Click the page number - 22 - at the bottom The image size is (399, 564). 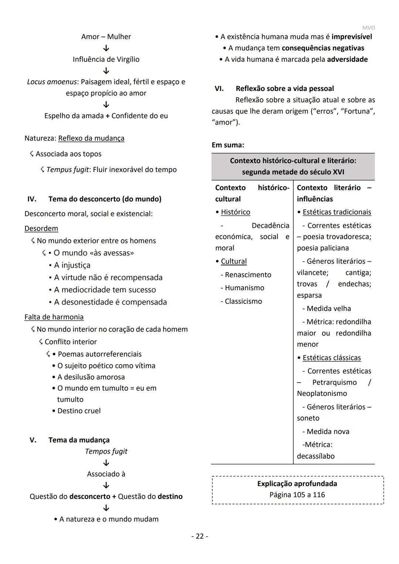click(199, 536)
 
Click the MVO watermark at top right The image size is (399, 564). click(368, 28)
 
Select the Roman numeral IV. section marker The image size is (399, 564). click(32, 199)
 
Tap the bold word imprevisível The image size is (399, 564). click(352, 37)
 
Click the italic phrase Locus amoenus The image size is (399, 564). click(52, 82)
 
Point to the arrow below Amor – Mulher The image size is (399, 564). click(106, 48)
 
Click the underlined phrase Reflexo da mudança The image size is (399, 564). click(91, 138)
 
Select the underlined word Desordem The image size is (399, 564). click(41, 228)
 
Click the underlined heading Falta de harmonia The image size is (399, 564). click(54, 317)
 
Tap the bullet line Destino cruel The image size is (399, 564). click(79, 411)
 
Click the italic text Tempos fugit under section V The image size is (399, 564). click(106, 451)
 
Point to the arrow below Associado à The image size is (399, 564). click(106, 485)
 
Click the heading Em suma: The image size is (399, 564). click(228, 145)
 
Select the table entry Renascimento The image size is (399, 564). click(248, 275)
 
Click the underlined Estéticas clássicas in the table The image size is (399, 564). click(331, 358)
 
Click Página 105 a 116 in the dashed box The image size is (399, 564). click(297, 495)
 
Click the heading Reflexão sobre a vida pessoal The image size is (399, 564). click(284, 89)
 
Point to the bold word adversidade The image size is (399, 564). click(347, 59)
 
